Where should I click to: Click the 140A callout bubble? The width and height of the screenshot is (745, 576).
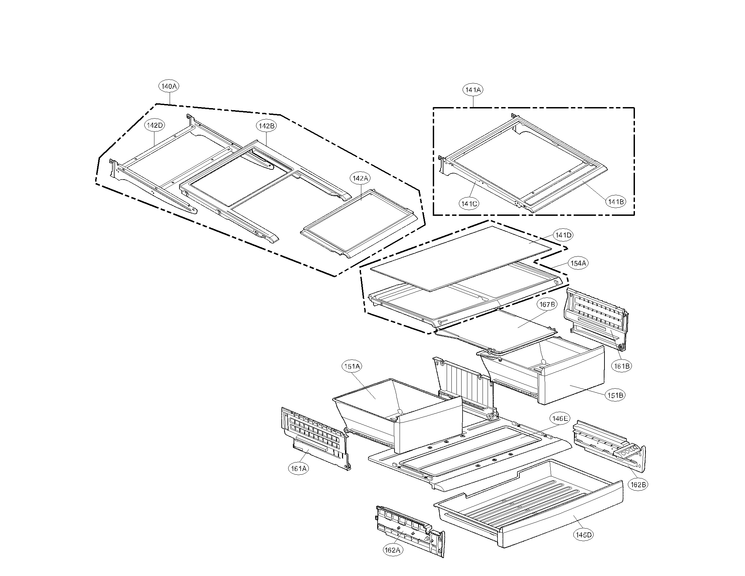[x=169, y=86]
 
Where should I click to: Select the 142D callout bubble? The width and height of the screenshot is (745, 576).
[x=155, y=125]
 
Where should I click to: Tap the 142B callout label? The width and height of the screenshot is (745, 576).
[x=266, y=126]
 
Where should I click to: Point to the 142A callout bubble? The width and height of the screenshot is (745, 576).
[x=361, y=178]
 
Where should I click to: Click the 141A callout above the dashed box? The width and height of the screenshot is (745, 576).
[x=473, y=90]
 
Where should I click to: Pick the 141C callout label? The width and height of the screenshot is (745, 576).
[x=469, y=204]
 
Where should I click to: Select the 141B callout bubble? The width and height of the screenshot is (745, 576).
[x=616, y=202]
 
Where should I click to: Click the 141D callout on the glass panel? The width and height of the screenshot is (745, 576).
[x=563, y=235]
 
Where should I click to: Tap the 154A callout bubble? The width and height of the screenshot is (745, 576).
[x=578, y=263]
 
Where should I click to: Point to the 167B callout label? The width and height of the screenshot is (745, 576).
[x=547, y=304]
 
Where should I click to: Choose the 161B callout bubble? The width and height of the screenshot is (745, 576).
[x=621, y=366]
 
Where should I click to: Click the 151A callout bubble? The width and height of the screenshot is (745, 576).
[x=352, y=367]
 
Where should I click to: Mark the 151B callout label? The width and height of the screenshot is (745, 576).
[x=615, y=395]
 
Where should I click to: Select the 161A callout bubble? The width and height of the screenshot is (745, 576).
[x=298, y=469]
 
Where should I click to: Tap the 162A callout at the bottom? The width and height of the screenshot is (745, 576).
[x=392, y=550]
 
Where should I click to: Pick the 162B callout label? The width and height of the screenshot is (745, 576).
[x=638, y=485]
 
